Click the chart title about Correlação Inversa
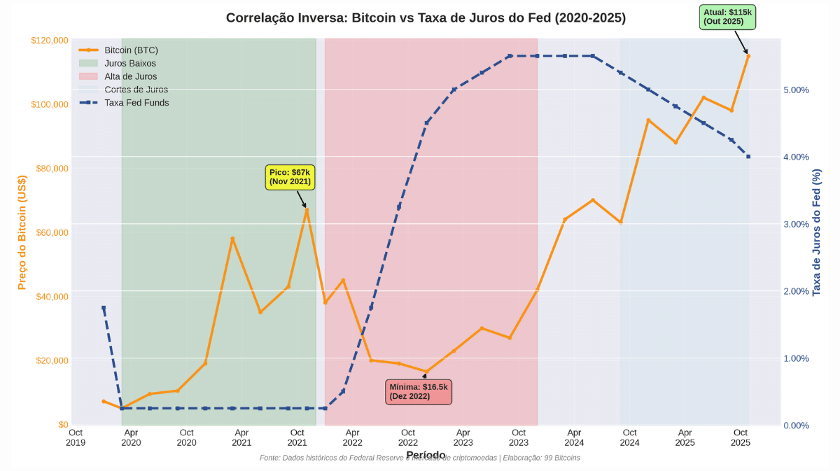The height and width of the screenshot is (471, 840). point(426,17)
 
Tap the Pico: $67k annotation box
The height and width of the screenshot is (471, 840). point(290,176)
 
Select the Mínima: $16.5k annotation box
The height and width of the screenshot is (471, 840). point(419,391)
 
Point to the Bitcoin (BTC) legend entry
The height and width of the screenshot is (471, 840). point(131,50)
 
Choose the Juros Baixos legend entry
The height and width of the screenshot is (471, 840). point(130,63)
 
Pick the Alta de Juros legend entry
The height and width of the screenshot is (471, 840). point(131,76)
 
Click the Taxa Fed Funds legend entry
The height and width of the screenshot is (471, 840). point(136,102)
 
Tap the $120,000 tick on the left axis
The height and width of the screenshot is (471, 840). point(50,41)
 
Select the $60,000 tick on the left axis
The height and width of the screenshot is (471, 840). point(52,232)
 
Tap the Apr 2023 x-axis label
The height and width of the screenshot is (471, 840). point(463,437)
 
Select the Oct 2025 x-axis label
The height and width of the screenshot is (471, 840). point(741,437)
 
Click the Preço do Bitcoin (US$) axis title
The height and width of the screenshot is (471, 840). point(22,232)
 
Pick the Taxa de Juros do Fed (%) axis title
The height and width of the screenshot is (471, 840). point(816,232)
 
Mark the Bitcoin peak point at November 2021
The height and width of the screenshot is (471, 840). point(306,209)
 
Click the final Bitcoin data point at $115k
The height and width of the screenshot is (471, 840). point(748,56)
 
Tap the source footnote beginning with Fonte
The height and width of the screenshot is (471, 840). point(419,458)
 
